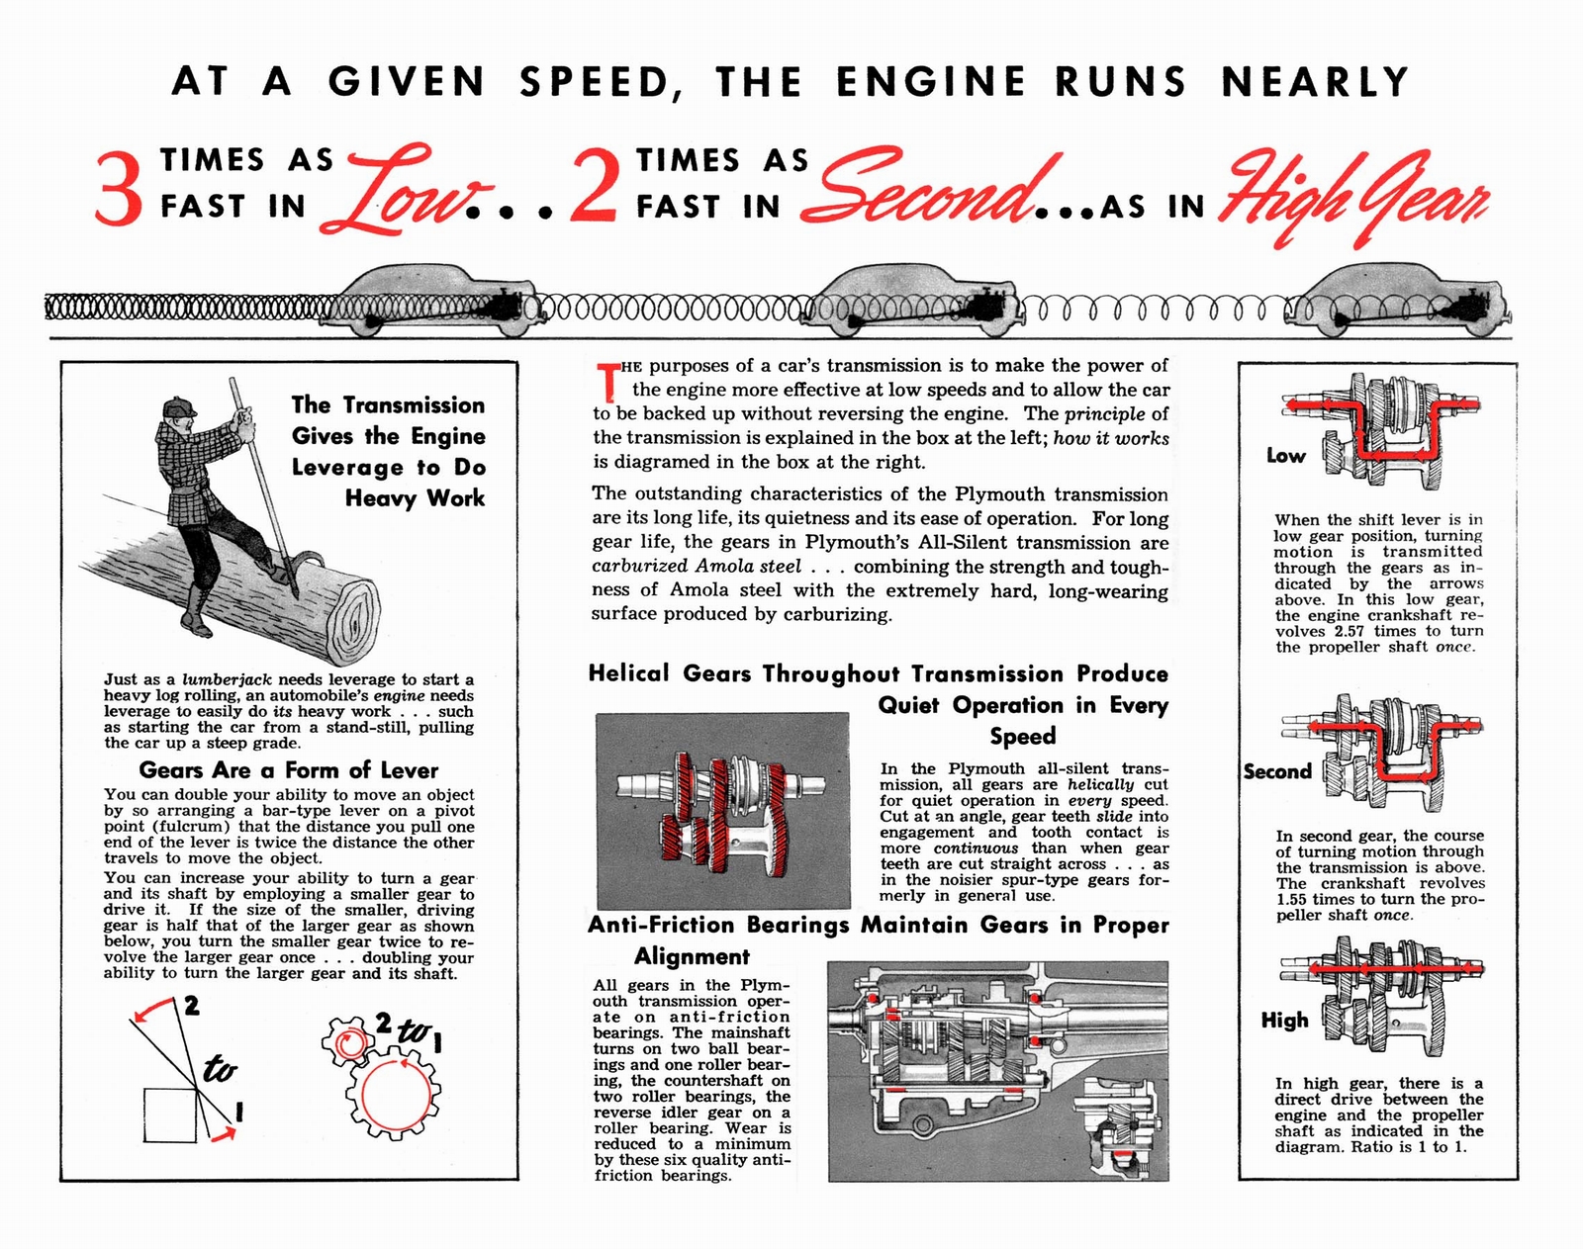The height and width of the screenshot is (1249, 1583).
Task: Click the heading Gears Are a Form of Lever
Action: tap(288, 769)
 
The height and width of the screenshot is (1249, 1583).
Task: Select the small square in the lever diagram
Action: tap(170, 1115)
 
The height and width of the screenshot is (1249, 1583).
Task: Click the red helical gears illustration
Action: tap(722, 811)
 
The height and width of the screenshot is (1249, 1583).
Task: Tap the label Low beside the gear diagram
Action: tap(1285, 456)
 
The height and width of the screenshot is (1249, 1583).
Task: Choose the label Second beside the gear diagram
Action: tap(1276, 771)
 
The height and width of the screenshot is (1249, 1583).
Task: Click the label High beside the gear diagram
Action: tap(1284, 1020)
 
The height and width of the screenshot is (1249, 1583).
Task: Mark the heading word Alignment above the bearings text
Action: tap(692, 956)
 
